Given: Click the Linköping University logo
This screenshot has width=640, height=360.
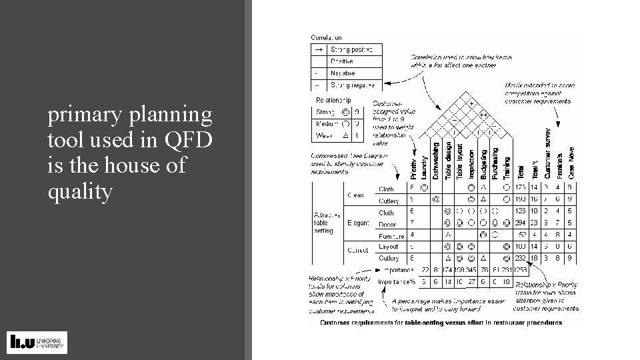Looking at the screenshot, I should pyautogui.click(x=37, y=342).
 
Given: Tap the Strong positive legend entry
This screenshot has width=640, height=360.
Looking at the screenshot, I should pyautogui.click(x=352, y=49).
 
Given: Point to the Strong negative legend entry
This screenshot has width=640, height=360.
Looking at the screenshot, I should pyautogui.click(x=353, y=85).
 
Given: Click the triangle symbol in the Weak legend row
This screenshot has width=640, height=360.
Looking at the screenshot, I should pyautogui.click(x=345, y=135).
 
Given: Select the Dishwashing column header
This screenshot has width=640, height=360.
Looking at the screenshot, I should pyautogui.click(x=437, y=160).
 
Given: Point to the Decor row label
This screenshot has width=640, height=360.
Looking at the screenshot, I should pyautogui.click(x=387, y=224).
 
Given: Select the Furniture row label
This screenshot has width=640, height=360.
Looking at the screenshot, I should pyautogui.click(x=391, y=236).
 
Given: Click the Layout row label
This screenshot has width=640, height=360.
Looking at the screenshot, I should pyautogui.click(x=388, y=247).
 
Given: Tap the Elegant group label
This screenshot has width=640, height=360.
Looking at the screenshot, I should pyautogui.click(x=357, y=223).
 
